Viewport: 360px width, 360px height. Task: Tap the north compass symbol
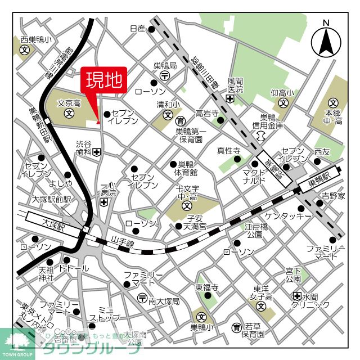326,40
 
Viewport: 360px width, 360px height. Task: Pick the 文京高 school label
69,103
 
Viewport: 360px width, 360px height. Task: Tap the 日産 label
137,29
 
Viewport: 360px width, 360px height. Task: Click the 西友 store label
322,151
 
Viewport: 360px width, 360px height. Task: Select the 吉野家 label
333,196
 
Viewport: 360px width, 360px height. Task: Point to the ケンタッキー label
288,215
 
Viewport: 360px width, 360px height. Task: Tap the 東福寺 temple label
206,287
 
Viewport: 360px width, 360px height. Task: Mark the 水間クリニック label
310,300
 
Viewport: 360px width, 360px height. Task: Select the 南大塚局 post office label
164,301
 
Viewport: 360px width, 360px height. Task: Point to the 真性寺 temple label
229,150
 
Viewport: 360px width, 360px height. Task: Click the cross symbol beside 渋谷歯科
97,152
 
